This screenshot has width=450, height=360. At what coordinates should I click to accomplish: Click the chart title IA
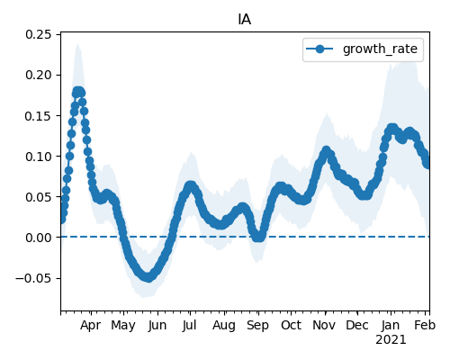[x=245, y=20]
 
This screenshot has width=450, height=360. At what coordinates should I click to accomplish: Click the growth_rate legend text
[x=380, y=49]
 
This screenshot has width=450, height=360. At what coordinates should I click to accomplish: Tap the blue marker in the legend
[x=319, y=49]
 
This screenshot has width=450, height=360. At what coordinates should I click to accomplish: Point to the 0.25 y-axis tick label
[x=39, y=34]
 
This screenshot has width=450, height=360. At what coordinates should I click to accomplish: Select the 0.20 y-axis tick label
[x=39, y=75]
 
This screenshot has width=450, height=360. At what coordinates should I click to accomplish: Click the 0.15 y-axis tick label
[x=39, y=116]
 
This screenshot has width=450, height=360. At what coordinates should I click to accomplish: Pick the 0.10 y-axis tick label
[x=39, y=157]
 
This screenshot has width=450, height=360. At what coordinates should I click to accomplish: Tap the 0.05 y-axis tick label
[x=39, y=197]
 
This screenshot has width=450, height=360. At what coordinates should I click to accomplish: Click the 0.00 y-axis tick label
[x=39, y=238]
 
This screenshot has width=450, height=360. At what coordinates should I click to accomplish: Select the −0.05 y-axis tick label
[x=34, y=278]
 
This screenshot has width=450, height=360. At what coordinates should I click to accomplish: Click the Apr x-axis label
[x=90, y=326]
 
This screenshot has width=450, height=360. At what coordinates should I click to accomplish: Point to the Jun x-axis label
[x=157, y=326]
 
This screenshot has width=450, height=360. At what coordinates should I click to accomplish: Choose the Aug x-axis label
[x=224, y=326]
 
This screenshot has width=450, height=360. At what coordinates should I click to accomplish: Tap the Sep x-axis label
[x=257, y=326]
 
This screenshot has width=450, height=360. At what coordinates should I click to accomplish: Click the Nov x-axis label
[x=324, y=326]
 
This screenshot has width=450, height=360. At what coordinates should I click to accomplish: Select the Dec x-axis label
[x=357, y=326]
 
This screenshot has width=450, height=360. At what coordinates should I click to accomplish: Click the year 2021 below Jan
[x=391, y=340]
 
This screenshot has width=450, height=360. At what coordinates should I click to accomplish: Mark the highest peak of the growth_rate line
[x=78, y=92]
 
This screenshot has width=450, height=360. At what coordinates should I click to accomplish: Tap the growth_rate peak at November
[x=326, y=151]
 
